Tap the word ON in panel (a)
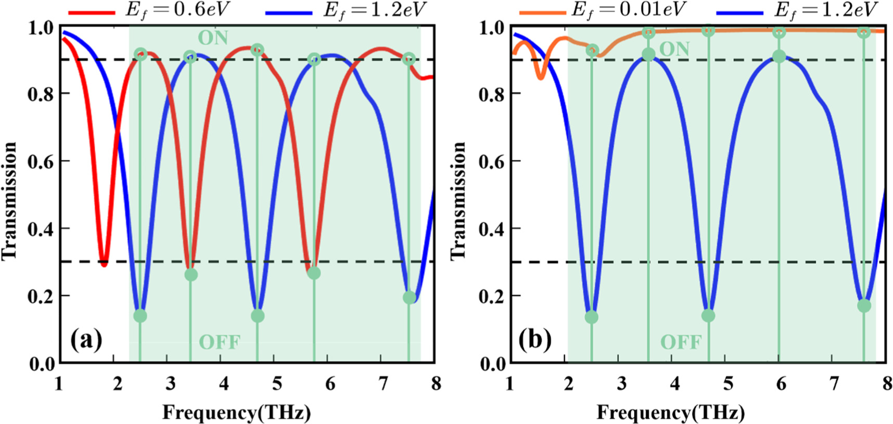213,38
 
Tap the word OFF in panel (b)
681,342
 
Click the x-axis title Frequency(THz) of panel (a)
237,412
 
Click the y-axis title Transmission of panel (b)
458,200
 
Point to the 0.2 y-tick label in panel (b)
491,296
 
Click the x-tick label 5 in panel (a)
277,384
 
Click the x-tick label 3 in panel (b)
621,384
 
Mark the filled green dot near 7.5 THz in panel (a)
410,297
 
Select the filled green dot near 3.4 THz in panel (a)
191,274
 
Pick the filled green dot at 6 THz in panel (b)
779,56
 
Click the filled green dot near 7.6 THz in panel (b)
864,305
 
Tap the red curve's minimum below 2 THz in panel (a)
104,263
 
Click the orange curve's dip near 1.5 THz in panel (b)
541,77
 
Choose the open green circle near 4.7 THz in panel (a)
257,50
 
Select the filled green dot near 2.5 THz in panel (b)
591,317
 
